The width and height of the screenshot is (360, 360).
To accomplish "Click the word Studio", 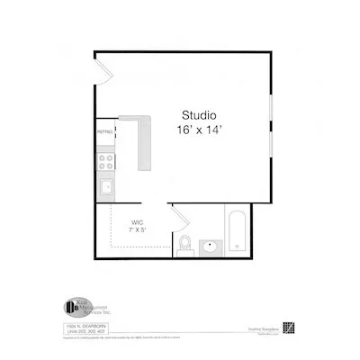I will click(x=199, y=115).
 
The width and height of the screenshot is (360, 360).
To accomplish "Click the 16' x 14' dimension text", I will click(x=199, y=130).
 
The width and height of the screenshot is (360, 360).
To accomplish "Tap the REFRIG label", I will click(x=104, y=132).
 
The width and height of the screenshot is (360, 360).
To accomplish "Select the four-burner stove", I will click(x=106, y=163).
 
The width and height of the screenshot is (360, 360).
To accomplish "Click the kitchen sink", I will click(x=106, y=187).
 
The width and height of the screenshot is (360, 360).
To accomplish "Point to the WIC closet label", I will click(x=137, y=221).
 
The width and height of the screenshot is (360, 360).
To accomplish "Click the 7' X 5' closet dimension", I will click(x=137, y=230).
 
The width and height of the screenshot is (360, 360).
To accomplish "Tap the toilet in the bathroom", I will click(x=184, y=244).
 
